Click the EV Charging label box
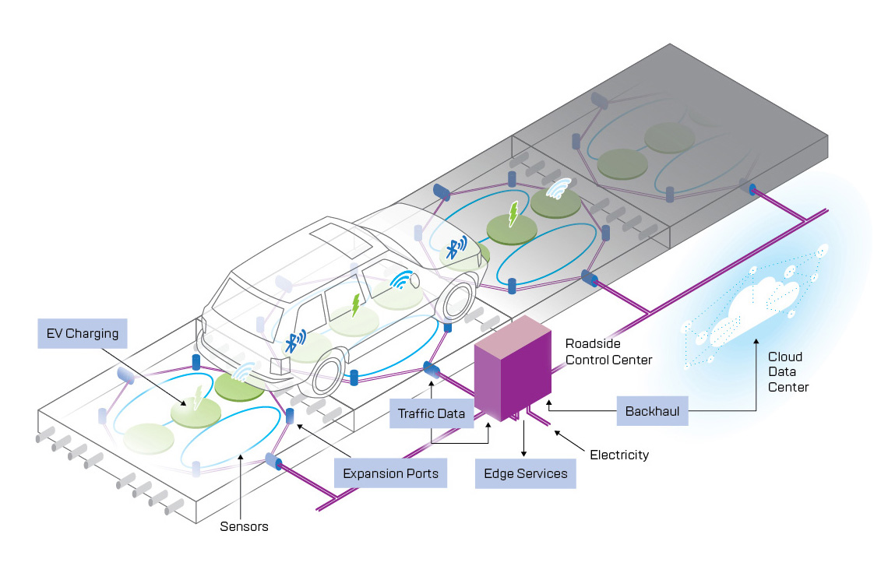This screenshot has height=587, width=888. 82,334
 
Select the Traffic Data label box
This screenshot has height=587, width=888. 432,413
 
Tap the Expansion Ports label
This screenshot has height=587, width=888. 390,473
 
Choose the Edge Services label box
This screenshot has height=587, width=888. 526,473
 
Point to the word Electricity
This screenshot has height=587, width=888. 619,455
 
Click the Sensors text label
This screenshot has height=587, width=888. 243,526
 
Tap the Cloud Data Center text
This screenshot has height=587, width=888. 788,372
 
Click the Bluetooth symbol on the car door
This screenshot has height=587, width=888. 294,341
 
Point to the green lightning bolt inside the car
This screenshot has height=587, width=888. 356,304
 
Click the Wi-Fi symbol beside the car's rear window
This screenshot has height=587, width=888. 401,279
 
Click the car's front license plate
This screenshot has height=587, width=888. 277,366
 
